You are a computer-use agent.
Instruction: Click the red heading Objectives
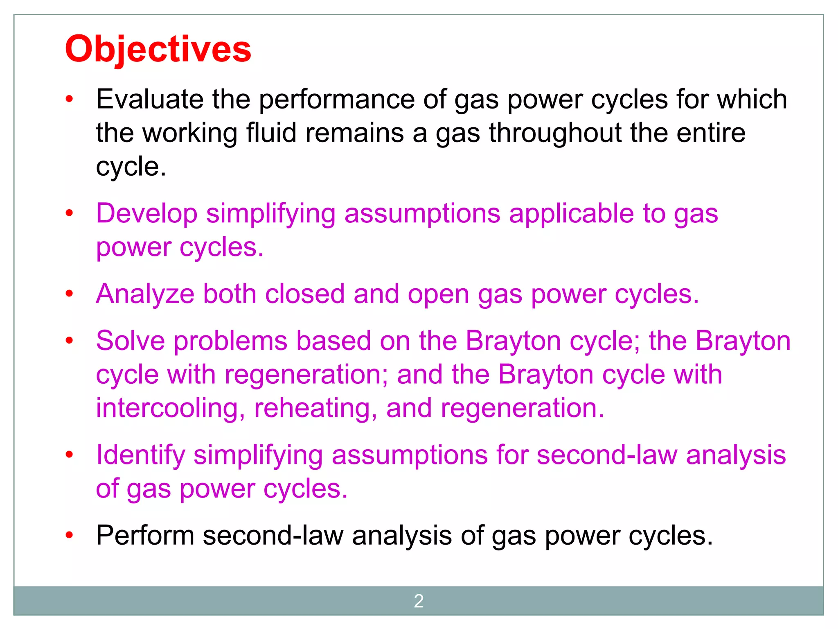click(x=158, y=49)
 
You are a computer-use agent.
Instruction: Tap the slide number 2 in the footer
click(x=419, y=601)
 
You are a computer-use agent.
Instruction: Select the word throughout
click(x=555, y=133)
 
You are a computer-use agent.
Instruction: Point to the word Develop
click(x=146, y=214)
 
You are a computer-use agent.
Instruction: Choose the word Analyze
click(x=145, y=294)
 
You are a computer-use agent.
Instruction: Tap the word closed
click(x=305, y=294)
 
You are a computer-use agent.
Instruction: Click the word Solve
click(x=130, y=341)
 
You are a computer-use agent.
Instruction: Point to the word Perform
click(x=145, y=536)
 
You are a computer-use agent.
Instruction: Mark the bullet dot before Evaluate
click(x=69, y=99)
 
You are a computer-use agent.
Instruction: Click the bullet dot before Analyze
click(x=69, y=294)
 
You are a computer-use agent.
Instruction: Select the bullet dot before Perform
click(x=69, y=535)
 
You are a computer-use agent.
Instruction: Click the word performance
click(x=337, y=100)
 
